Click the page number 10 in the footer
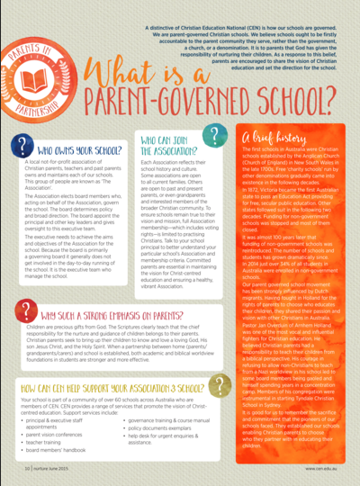[x=30, y=467]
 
